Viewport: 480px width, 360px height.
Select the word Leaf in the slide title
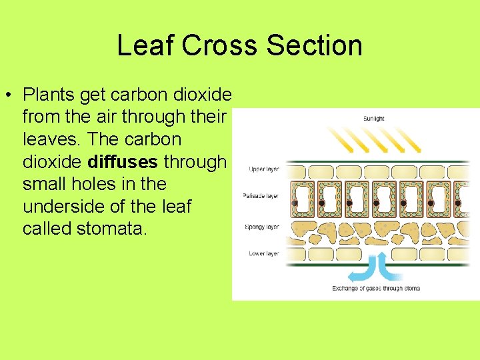(143, 46)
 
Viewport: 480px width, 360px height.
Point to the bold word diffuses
(124, 162)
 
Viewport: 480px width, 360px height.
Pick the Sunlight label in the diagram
(373, 119)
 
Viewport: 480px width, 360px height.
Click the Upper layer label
(263, 169)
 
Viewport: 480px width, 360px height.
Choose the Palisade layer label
(261, 197)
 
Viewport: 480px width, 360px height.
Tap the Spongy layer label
(262, 227)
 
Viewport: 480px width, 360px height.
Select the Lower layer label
(263, 253)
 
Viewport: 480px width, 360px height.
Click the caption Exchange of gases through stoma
(376, 289)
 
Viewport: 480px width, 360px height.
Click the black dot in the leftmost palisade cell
(294, 203)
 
